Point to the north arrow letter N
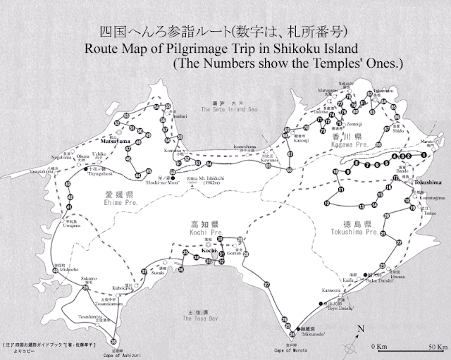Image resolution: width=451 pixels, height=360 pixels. (360, 328)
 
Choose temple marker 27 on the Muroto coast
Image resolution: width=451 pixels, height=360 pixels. (267, 283)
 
